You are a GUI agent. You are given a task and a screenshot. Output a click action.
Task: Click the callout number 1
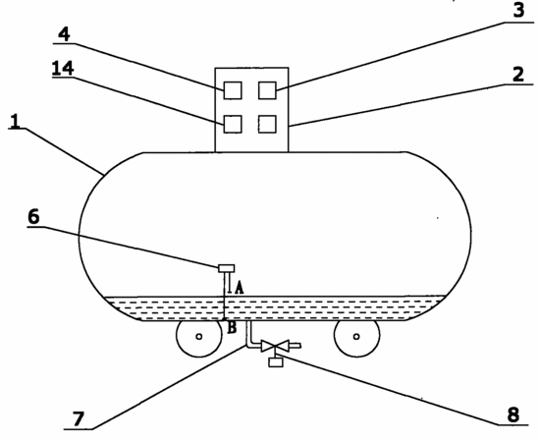15,122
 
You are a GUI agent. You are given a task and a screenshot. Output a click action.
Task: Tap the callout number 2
518,75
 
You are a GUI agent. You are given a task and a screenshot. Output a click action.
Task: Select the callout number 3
519,11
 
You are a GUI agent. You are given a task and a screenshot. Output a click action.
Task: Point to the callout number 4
64,34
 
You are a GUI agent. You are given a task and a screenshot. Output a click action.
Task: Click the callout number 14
63,68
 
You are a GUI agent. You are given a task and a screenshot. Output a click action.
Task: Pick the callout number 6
33,217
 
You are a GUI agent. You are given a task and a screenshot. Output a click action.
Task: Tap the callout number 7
79,419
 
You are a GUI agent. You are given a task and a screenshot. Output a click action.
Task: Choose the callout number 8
513,414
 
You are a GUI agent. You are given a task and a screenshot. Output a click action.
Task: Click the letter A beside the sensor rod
240,288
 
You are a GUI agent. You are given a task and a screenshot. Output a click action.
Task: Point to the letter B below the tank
232,328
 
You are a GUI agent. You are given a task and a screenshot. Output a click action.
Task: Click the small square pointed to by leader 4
233,90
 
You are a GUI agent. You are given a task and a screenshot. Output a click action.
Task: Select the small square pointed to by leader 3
267,90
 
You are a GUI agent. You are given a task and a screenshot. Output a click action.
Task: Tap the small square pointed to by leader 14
233,124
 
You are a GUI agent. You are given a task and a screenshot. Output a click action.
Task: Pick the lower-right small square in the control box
267,124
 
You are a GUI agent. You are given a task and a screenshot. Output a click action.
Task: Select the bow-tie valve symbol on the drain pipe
275,346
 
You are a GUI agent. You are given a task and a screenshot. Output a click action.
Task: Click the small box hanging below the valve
276,362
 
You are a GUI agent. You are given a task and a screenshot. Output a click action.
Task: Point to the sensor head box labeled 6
227,268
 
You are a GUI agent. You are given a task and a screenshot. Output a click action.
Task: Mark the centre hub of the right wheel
356,336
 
